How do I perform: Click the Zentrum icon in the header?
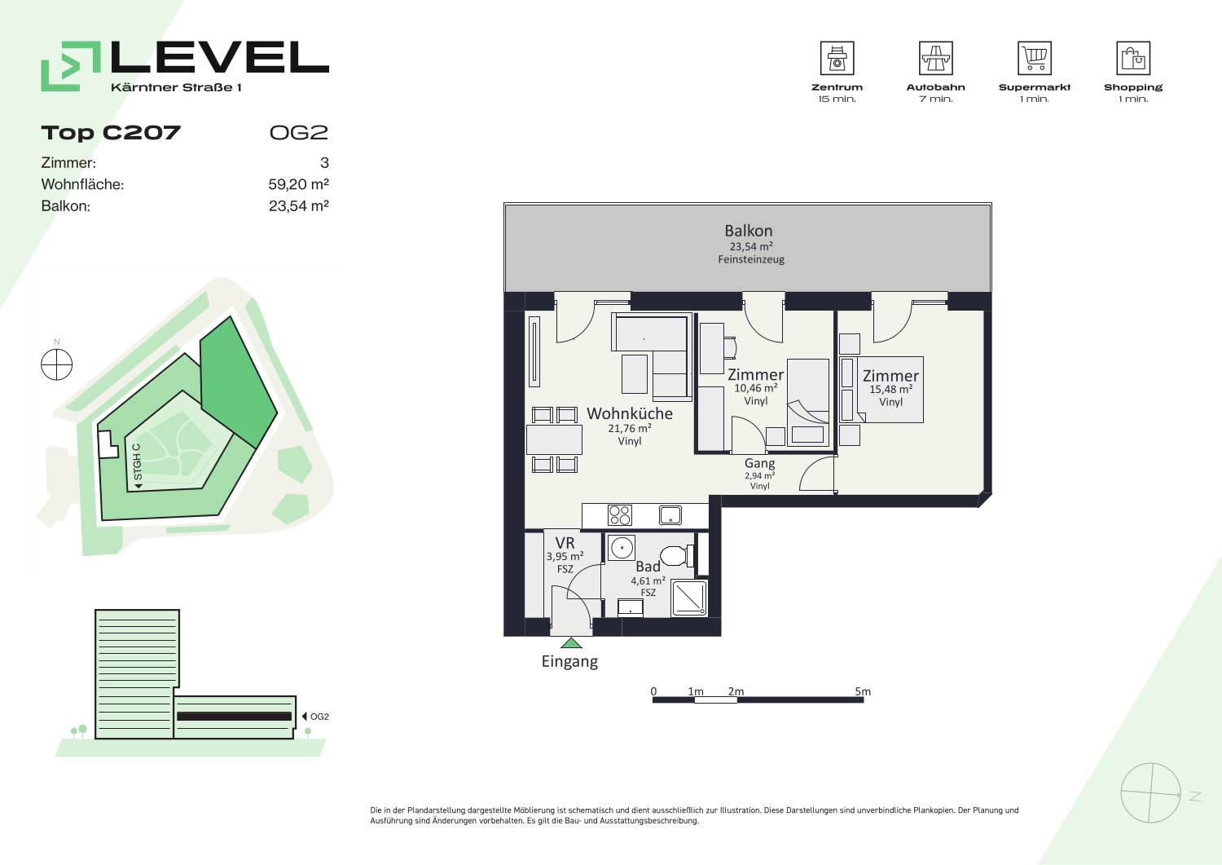point(837,58)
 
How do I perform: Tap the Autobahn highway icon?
point(935,58)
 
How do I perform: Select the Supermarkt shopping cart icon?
point(1035,58)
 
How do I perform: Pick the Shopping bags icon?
point(1133,58)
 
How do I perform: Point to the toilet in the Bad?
point(677,555)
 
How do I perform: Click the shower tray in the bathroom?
point(689,599)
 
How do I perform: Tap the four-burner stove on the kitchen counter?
point(620,515)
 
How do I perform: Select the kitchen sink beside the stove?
point(670,515)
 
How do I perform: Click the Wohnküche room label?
point(630,413)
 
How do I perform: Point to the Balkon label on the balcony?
point(749,231)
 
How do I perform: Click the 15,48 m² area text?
point(891,390)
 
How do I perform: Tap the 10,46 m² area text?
point(755,388)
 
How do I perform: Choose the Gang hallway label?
point(759,463)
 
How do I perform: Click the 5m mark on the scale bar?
point(863,691)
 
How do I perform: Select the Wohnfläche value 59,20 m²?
point(298,184)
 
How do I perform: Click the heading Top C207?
point(111,133)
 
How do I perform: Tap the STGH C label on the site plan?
point(138,462)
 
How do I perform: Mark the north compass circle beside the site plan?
point(57,364)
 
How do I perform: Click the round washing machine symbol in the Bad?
point(622,547)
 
